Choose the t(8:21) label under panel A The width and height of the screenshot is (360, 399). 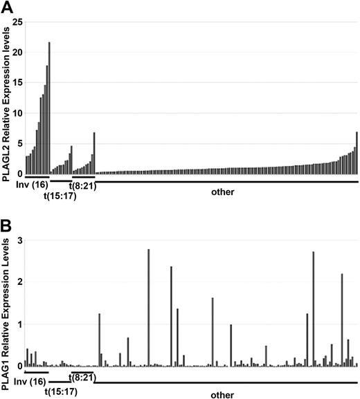click(82, 185)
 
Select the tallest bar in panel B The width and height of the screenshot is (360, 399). click(149, 308)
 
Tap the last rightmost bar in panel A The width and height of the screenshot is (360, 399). click(357, 153)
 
